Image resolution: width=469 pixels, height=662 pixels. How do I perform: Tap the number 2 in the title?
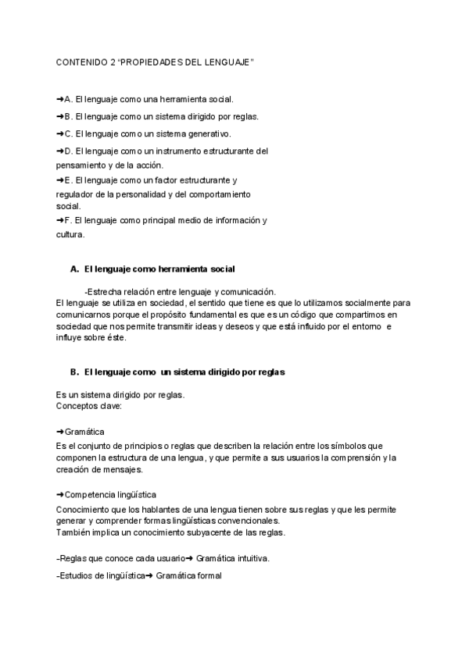[x=113, y=62]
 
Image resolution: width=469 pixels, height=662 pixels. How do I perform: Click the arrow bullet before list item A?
[x=60, y=100]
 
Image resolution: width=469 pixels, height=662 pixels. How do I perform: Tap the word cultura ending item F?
[x=70, y=234]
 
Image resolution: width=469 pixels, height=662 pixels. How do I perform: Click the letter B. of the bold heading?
[x=75, y=372]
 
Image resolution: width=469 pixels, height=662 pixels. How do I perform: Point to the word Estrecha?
[x=105, y=292]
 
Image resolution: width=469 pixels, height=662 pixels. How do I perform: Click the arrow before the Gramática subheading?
[x=60, y=432]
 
